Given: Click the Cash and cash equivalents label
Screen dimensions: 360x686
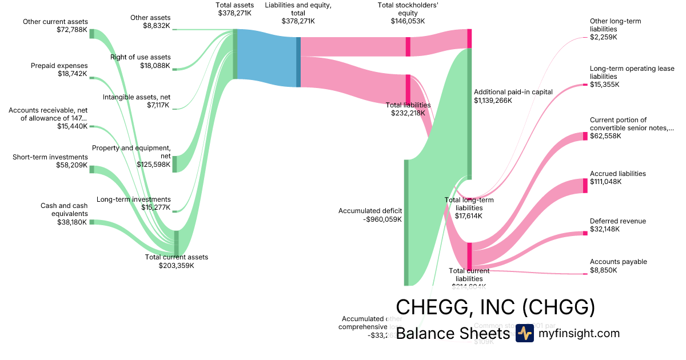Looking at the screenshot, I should tap(63, 210).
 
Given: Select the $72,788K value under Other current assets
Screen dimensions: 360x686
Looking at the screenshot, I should tap(71, 30).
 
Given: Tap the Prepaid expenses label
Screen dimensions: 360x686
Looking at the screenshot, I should tap(59, 66).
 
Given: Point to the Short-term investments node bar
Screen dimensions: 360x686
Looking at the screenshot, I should tap(91, 169).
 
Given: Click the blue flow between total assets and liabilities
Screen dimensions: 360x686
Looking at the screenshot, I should tap(266, 58).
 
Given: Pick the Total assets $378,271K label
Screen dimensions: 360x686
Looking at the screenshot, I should tap(235, 9).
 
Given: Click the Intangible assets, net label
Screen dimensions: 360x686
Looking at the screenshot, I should tap(137, 97).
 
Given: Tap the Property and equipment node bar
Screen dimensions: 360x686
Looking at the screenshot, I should tap(175, 164).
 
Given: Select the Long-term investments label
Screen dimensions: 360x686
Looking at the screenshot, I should tap(134, 199).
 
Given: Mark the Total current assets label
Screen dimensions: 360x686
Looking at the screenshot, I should tap(176, 257).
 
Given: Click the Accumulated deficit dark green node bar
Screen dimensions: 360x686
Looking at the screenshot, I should tap(406, 222).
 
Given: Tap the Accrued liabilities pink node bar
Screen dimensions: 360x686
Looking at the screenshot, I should tap(585, 186).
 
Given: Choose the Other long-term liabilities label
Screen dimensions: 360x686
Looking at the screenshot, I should tap(615, 25).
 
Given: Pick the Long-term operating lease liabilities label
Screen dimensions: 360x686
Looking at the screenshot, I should tap(632, 73).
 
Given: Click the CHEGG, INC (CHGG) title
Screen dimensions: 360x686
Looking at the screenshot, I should tap(495, 307).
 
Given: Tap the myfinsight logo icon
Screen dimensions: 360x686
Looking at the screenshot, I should tap(524, 333).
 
